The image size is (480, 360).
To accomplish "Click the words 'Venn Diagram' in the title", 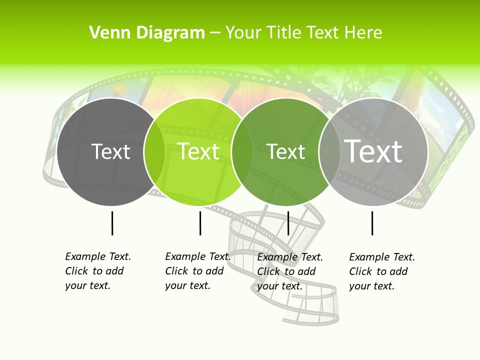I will [147, 33].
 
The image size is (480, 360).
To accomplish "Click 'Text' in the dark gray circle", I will [110, 152].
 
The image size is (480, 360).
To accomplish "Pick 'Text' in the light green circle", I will [198, 152].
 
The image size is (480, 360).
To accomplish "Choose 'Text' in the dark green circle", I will [286, 152].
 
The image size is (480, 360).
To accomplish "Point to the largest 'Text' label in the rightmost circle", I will [373, 151].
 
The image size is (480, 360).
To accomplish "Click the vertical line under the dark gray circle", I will [112, 223].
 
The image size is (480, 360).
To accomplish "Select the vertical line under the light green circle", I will [200, 223].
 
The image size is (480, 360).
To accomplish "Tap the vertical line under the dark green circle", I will [288, 223].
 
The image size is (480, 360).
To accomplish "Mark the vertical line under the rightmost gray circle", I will [372, 223].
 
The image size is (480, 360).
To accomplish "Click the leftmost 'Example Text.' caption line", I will [98, 256].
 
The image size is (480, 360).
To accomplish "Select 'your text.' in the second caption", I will [187, 285].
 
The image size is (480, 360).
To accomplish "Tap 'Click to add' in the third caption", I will [286, 271].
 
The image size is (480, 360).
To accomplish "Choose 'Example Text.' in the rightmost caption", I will [382, 257].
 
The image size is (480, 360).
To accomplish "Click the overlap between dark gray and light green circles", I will [154, 152].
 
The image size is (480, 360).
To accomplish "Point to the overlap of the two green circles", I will [242, 152].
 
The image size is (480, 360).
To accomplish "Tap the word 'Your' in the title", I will [244, 33].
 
